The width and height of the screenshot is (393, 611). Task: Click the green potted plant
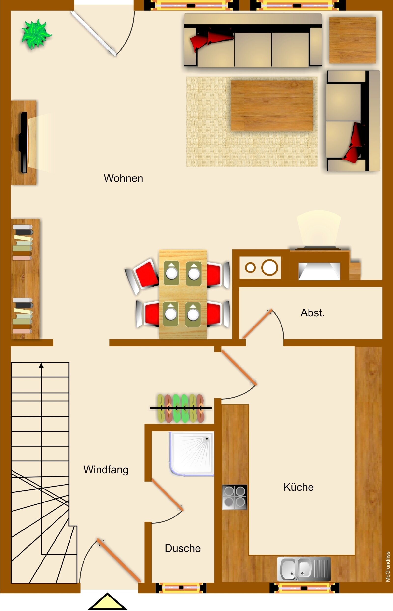point(37,34)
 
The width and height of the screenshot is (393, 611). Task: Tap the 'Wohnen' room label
point(123,178)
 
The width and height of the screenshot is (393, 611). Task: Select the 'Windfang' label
point(106,469)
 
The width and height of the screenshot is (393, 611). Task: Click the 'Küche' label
point(299,487)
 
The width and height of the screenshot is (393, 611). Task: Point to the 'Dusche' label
point(183,548)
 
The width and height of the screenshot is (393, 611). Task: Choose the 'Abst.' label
point(312,313)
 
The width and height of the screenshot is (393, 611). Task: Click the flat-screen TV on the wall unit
point(24,142)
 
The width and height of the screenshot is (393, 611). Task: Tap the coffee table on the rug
point(272,106)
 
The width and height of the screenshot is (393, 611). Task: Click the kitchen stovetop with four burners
point(234,497)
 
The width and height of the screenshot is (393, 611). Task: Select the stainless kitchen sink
point(304,569)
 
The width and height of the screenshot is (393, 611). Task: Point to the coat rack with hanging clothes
point(181,408)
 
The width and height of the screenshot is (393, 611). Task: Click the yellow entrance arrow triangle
point(107,602)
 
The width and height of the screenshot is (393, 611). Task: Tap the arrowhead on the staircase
point(41,366)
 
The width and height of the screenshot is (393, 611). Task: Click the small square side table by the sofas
point(352,40)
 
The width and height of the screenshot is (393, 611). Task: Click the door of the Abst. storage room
point(257,324)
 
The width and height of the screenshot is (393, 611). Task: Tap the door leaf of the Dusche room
point(168,494)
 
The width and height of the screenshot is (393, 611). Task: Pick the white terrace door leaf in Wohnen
point(94,33)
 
